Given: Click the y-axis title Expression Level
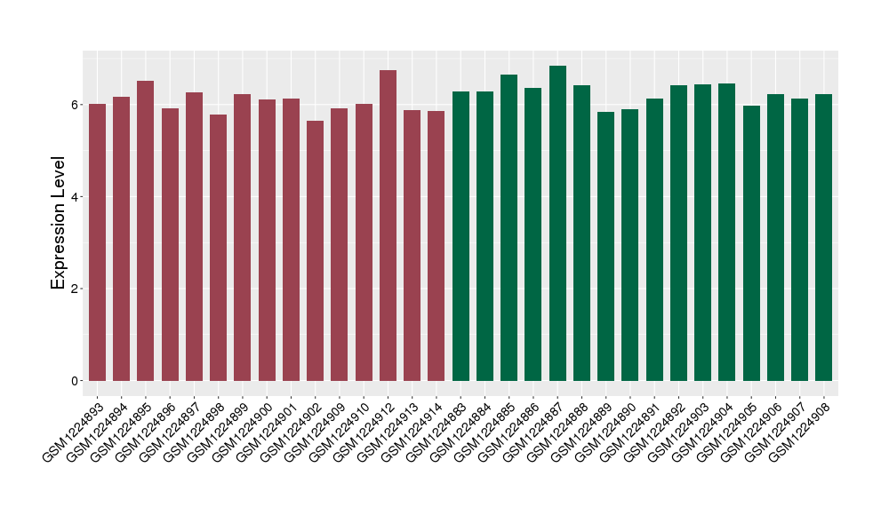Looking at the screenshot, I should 59,223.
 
